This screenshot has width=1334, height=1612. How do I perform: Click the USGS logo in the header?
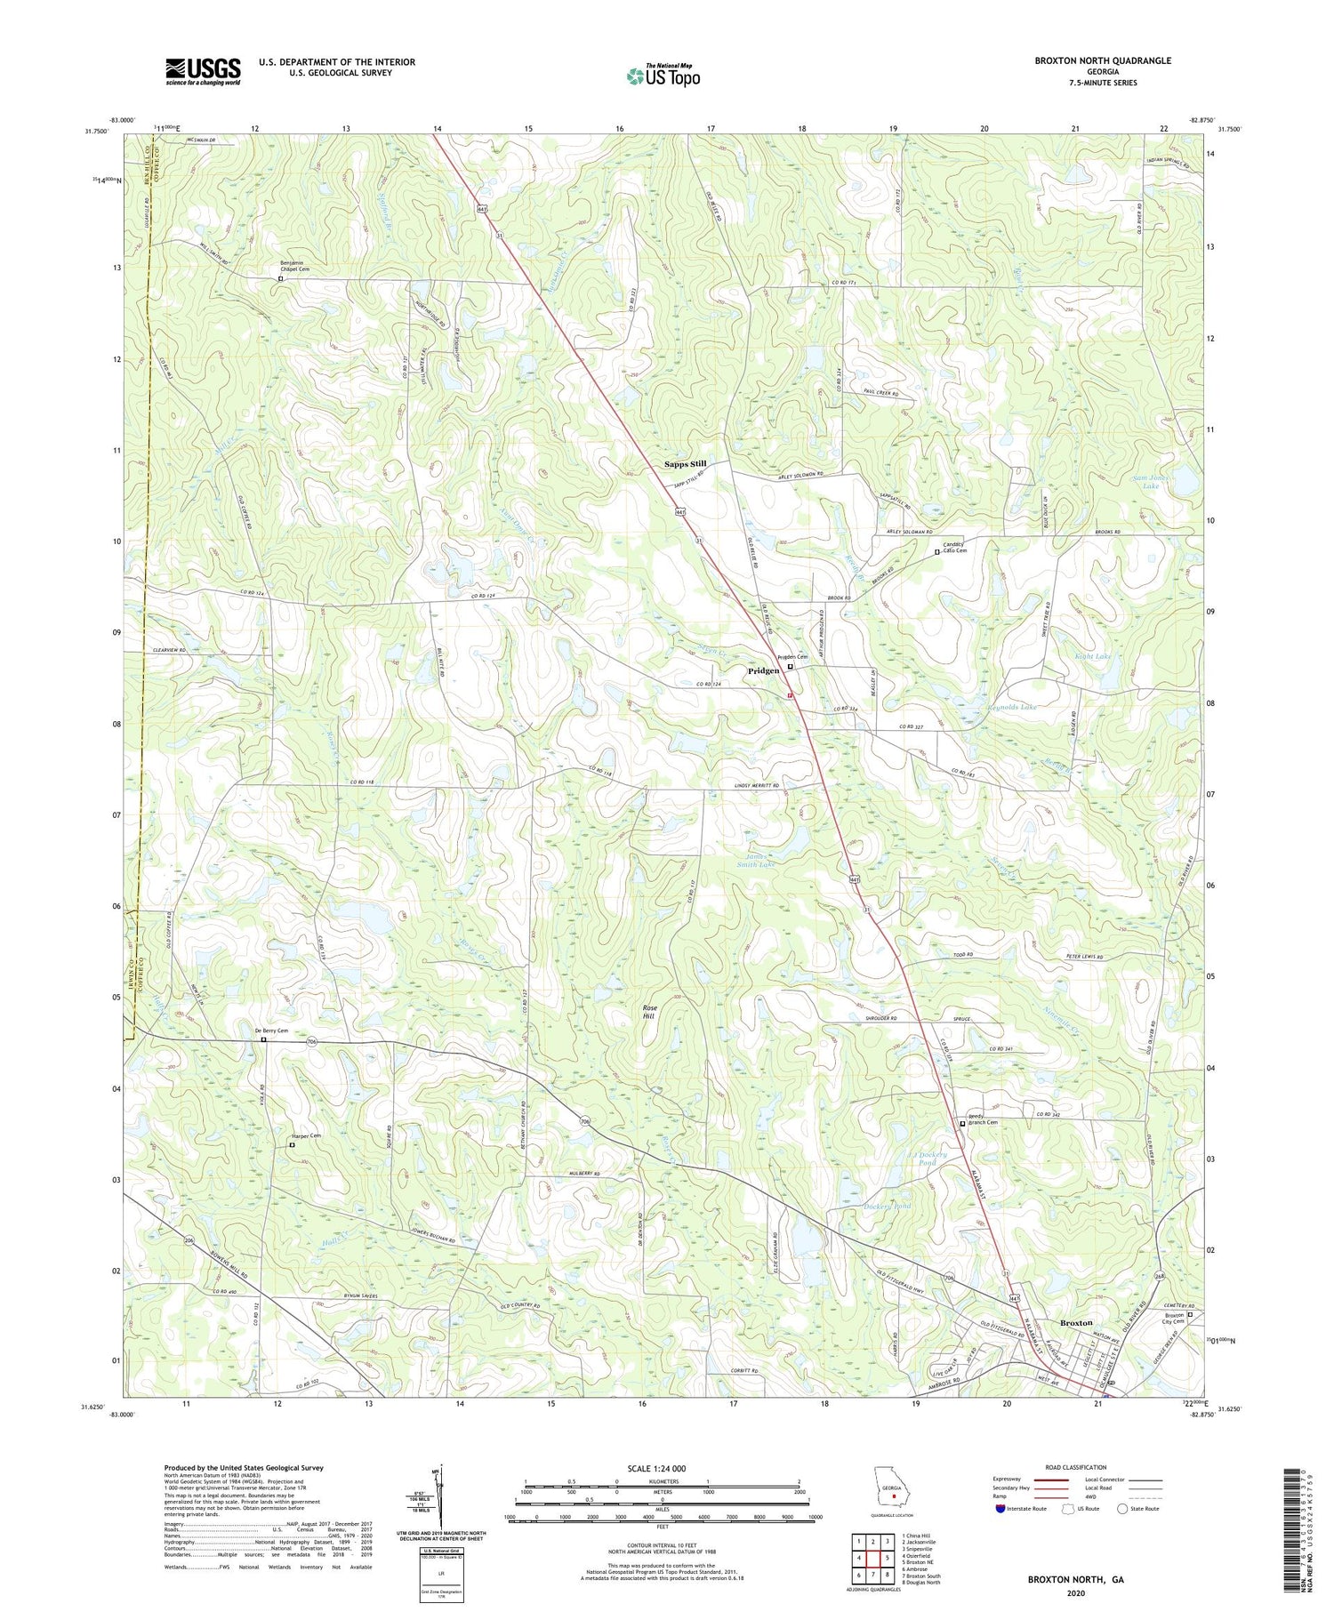point(203,71)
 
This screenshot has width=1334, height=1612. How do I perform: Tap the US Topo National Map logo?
point(663,76)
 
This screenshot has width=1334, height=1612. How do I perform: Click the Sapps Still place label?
point(686,464)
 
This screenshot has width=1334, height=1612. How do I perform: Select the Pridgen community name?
point(763,670)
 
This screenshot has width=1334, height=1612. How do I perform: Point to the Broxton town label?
point(1076,1323)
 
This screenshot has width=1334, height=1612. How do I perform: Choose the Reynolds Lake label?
point(1012,707)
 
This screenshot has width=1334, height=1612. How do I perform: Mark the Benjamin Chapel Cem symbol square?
point(281,278)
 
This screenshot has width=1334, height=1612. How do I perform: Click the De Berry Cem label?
point(271,1031)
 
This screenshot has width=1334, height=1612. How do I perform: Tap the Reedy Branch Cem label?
point(983,1123)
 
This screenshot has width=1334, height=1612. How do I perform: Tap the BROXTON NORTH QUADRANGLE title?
point(1102,60)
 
